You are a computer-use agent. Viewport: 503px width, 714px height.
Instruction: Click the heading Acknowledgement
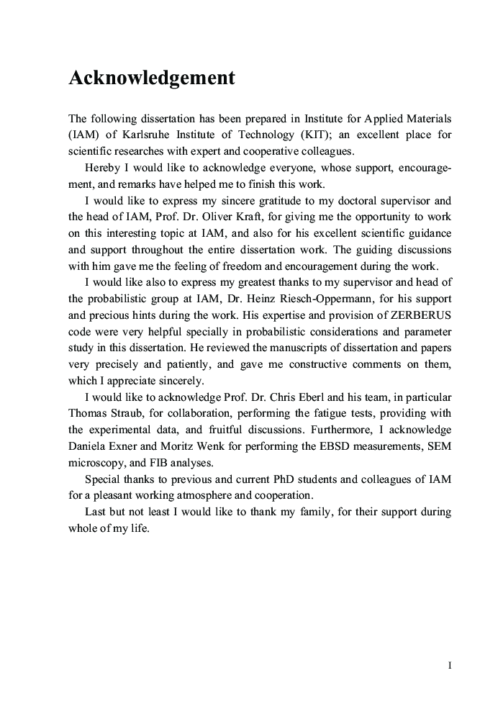[x=152, y=78]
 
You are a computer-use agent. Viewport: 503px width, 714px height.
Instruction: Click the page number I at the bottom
[x=449, y=666]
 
